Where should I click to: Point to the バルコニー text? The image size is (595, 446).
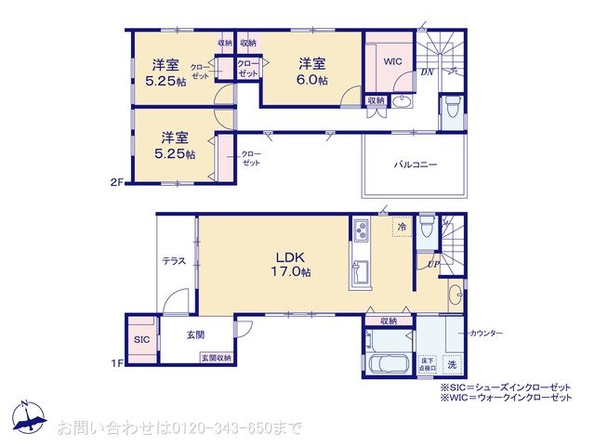click(415, 164)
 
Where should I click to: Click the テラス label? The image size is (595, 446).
click(174, 261)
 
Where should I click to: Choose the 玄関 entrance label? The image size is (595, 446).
click(195, 334)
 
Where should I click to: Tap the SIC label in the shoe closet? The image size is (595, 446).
click(141, 340)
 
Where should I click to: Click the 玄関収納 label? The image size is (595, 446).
click(216, 358)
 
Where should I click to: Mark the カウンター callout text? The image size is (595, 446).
click(486, 333)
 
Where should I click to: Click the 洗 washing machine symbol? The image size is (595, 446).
click(452, 363)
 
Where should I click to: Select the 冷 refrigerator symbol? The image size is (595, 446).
click(402, 226)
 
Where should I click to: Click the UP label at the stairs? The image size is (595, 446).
click(432, 265)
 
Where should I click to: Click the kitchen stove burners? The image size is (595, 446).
click(361, 230)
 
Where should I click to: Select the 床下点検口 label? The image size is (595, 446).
click(428, 363)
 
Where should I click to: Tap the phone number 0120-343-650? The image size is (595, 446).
click(213, 428)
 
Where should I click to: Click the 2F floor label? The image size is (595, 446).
click(116, 183)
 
